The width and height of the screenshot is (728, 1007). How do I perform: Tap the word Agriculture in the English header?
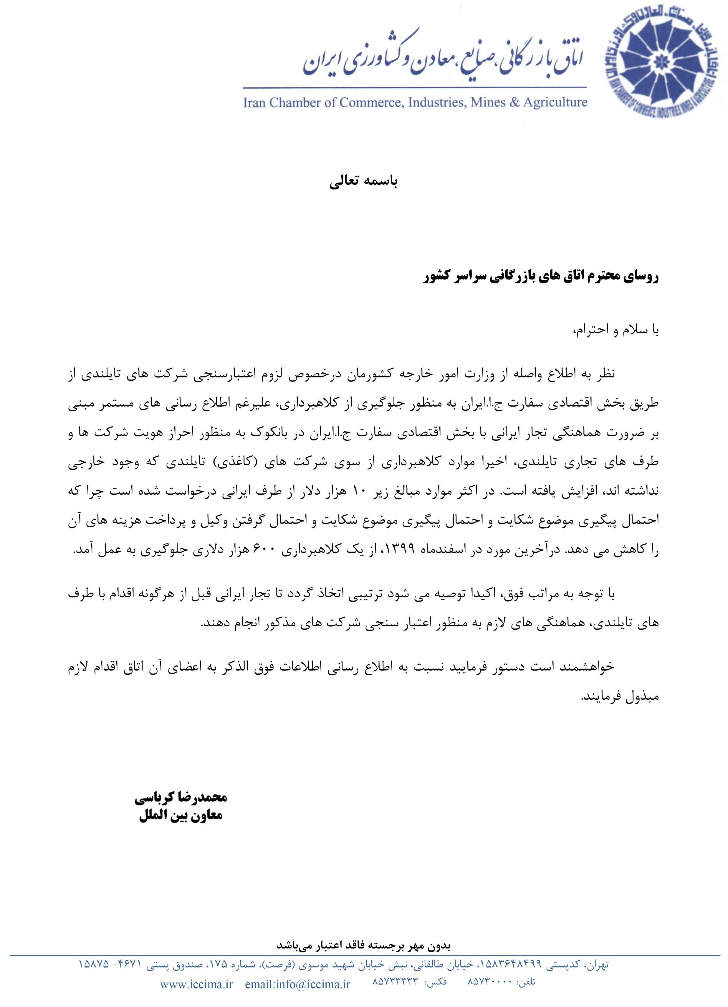pyautogui.click(x=555, y=103)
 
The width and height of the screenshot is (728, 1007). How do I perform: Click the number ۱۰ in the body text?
pyautogui.click(x=358, y=491)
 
